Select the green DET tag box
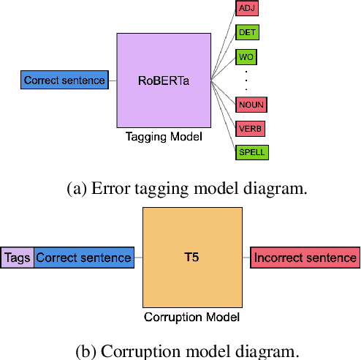click(x=247, y=33)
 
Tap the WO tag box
click(x=246, y=57)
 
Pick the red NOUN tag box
click(x=251, y=105)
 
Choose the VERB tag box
click(x=250, y=129)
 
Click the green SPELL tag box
click(x=251, y=152)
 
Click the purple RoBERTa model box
click(x=164, y=80)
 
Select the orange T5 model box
click(x=192, y=257)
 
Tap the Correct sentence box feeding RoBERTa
click(x=65, y=80)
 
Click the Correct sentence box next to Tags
click(x=83, y=257)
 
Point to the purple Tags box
click(x=18, y=257)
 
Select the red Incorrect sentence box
click(x=305, y=257)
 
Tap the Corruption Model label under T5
click(x=192, y=317)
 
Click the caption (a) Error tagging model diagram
click(x=187, y=188)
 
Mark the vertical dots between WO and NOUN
click(x=246, y=80)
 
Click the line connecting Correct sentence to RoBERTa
click(x=113, y=80)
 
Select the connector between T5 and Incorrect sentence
click(x=247, y=257)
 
